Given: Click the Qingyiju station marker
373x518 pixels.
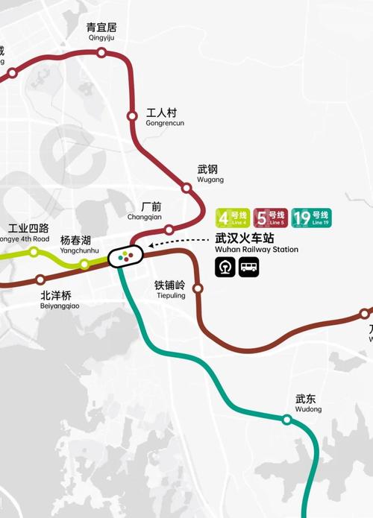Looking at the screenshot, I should (x=101, y=52).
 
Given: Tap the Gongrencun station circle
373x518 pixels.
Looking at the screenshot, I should (x=132, y=116).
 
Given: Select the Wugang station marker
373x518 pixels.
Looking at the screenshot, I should (x=187, y=188).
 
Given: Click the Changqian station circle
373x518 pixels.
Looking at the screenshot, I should (x=169, y=230).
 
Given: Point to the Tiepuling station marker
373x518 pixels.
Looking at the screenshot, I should (x=198, y=288).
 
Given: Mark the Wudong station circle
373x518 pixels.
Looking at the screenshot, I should (x=286, y=420).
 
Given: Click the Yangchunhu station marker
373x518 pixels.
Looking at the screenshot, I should (x=84, y=264).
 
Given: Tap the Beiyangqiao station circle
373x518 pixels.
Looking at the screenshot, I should (x=41, y=279).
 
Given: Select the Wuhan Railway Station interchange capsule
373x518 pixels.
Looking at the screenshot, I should (x=126, y=256).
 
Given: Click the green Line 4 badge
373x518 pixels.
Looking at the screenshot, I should (x=232, y=218).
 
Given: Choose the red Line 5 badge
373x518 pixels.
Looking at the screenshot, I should (x=270, y=218).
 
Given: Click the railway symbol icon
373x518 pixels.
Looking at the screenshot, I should (x=225, y=267).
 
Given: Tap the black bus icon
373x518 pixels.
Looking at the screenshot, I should (x=248, y=267).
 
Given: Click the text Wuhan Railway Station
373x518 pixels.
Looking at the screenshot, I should (x=256, y=250).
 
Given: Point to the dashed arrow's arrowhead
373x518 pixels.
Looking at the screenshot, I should (x=151, y=244).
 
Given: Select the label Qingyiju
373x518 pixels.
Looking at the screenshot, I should (x=101, y=37).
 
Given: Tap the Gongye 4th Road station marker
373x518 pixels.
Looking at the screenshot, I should (x=34, y=252).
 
